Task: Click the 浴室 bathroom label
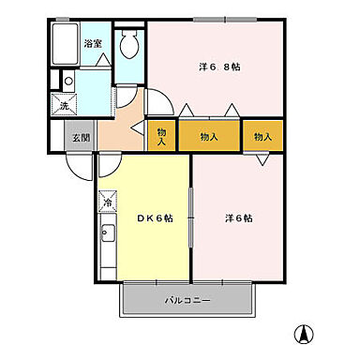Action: (x=92, y=44)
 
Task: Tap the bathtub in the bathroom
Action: (x=67, y=45)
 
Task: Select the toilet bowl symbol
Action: (x=129, y=43)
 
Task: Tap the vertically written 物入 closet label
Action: (x=161, y=137)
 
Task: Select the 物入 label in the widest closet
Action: (x=209, y=137)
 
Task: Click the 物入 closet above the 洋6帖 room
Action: (x=262, y=137)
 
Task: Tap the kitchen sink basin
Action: (x=107, y=234)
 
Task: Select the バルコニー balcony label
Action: (x=187, y=301)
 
